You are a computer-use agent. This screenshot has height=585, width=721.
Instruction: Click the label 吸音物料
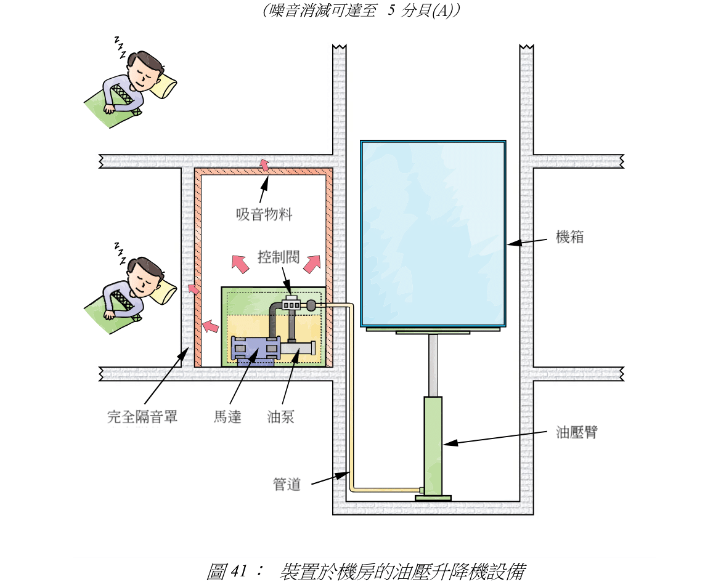click(264, 215)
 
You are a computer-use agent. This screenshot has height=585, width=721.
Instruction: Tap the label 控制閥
click(279, 257)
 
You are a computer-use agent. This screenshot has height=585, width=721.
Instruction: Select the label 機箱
click(569, 237)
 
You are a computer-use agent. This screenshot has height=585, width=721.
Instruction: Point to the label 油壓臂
click(576, 432)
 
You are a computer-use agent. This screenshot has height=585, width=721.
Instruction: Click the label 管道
click(287, 485)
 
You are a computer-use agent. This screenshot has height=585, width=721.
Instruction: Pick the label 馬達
click(227, 417)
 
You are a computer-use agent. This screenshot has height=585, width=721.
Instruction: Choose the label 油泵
click(281, 417)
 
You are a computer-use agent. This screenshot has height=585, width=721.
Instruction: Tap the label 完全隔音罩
click(142, 417)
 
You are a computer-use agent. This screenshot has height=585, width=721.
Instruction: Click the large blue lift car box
click(433, 234)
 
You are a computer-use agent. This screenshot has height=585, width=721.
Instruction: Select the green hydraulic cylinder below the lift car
click(433, 443)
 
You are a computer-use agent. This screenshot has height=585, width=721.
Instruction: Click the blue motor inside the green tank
click(253, 350)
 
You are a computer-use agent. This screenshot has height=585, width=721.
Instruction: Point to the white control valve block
click(291, 304)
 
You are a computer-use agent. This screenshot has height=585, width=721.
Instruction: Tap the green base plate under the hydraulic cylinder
click(433, 498)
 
